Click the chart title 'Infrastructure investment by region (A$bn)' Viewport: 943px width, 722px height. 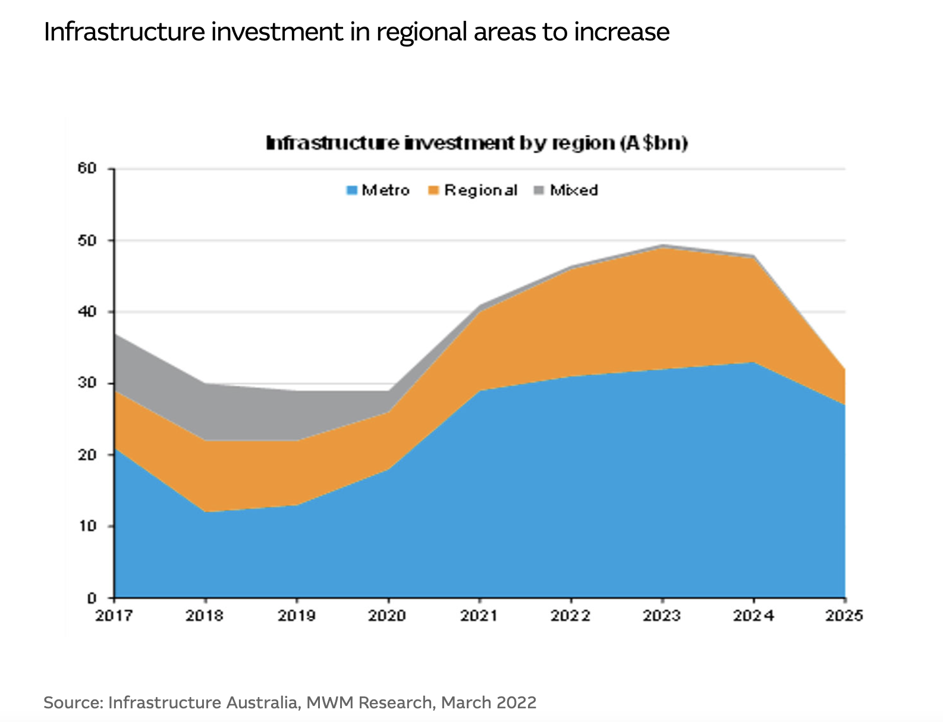(x=477, y=143)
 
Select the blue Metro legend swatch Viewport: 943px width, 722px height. (x=352, y=190)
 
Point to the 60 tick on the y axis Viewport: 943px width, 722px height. (x=87, y=168)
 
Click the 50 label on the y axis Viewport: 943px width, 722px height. (x=87, y=240)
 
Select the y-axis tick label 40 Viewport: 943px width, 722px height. (x=87, y=312)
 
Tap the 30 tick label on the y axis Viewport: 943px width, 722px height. (x=87, y=382)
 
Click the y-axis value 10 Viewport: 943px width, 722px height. (x=87, y=526)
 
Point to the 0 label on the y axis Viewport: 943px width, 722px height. (x=92, y=598)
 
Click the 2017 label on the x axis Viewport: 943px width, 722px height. (x=114, y=616)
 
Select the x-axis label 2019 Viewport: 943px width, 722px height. (x=297, y=616)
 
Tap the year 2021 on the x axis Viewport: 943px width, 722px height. (x=479, y=616)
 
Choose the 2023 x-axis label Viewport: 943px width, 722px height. (x=662, y=616)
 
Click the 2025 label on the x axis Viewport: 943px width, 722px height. (x=844, y=616)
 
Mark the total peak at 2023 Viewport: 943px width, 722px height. (x=662, y=245)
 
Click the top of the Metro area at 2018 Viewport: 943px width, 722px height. (x=205, y=512)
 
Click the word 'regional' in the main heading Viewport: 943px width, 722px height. (x=422, y=33)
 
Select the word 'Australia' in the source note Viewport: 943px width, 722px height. (x=262, y=702)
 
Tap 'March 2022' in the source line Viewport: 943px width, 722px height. (x=489, y=702)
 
